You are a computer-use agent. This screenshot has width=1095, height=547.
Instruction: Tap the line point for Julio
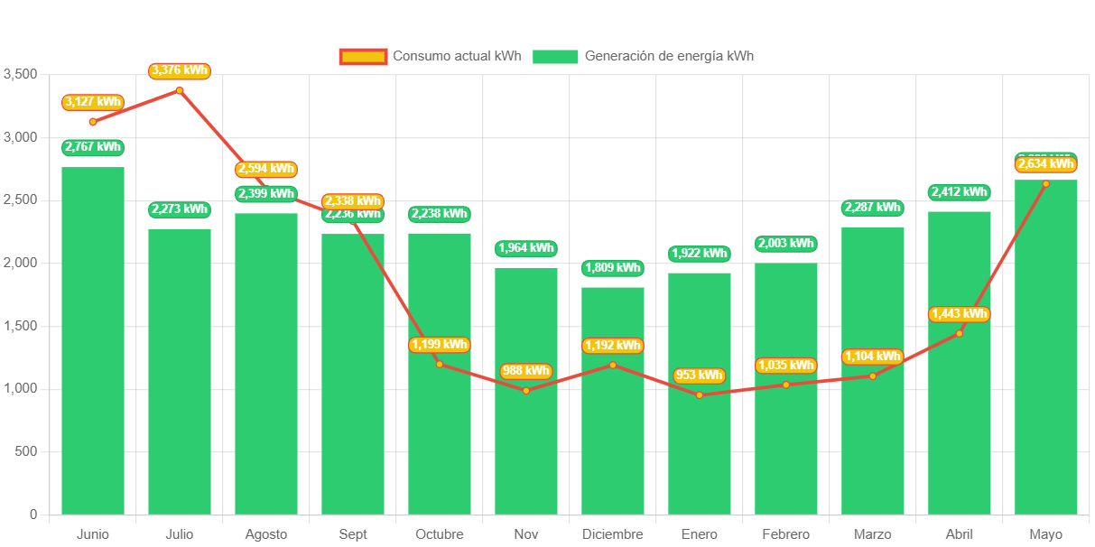point(180,90)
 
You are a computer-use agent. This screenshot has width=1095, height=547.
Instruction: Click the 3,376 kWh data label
point(180,70)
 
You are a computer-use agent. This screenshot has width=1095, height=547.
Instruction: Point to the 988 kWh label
point(526,371)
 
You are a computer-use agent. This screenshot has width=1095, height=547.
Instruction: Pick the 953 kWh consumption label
point(700,375)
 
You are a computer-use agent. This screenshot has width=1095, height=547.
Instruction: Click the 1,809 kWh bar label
point(613,268)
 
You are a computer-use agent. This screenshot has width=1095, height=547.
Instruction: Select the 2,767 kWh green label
point(93,147)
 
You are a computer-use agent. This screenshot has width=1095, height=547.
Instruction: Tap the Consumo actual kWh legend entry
point(431,56)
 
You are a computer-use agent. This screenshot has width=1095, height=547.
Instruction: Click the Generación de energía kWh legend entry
point(643,56)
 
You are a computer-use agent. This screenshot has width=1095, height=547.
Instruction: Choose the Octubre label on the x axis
point(440,534)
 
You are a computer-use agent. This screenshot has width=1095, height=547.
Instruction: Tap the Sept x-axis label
point(353,534)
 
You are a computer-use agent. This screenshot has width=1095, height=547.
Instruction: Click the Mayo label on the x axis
point(1046,534)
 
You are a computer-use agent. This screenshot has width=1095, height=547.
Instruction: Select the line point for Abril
point(960,334)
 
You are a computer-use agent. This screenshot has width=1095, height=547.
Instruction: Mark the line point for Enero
point(700,394)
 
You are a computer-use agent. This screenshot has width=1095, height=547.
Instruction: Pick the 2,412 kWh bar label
point(960,192)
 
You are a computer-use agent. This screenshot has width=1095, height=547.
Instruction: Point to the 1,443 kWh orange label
point(960,314)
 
